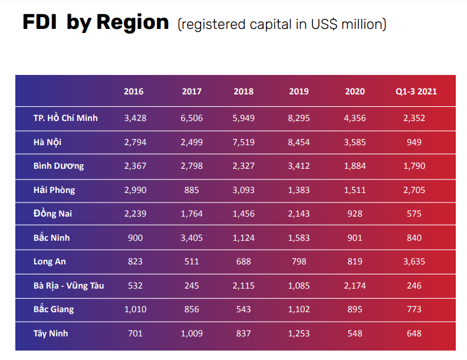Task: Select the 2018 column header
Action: tap(244, 91)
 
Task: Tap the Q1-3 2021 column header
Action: tap(416, 91)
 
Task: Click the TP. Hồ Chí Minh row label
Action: tap(65, 118)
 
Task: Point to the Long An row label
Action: tap(50, 261)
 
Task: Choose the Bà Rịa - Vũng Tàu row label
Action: tap(68, 286)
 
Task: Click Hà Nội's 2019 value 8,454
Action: tap(299, 142)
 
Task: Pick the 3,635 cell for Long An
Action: tap(414, 261)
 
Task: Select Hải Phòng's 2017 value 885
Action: tap(192, 190)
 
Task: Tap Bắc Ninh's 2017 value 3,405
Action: tap(192, 238)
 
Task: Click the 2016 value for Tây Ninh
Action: tap(135, 333)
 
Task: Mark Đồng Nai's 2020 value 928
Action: tap(355, 214)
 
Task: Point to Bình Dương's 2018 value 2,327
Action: tap(244, 166)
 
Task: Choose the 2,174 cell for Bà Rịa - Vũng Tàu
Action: tap(355, 286)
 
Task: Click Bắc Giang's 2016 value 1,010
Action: tap(135, 309)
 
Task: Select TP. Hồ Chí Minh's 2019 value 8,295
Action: tap(299, 118)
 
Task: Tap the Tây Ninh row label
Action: tap(51, 333)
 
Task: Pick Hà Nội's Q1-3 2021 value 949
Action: tap(414, 142)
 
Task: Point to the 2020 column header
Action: tap(355, 91)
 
